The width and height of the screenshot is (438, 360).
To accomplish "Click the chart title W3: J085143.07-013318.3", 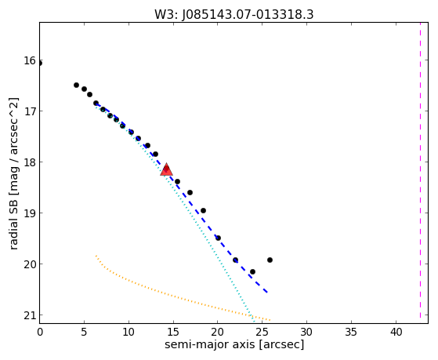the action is [x=234, y=14].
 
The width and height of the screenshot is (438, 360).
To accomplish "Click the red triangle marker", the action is [x=166, y=169].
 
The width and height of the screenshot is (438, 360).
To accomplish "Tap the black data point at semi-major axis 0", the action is [x=40, y=64].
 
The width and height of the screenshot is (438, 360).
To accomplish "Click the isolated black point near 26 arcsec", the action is [x=270, y=260].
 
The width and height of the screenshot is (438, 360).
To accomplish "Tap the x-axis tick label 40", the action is [x=396, y=332].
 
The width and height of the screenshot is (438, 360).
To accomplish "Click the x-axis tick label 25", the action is [x=262, y=332].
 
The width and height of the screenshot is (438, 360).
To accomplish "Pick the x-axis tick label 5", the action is [x=84, y=332].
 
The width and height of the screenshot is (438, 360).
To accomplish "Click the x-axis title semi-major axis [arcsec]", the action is [x=234, y=344].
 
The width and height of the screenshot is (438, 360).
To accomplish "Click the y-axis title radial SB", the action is [x=13, y=222].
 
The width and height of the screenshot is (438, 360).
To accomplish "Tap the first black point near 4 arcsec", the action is [x=76, y=85].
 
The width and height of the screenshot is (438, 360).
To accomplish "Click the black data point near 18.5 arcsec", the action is [x=204, y=210].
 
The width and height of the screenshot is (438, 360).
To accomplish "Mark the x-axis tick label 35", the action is [x=351, y=332].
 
